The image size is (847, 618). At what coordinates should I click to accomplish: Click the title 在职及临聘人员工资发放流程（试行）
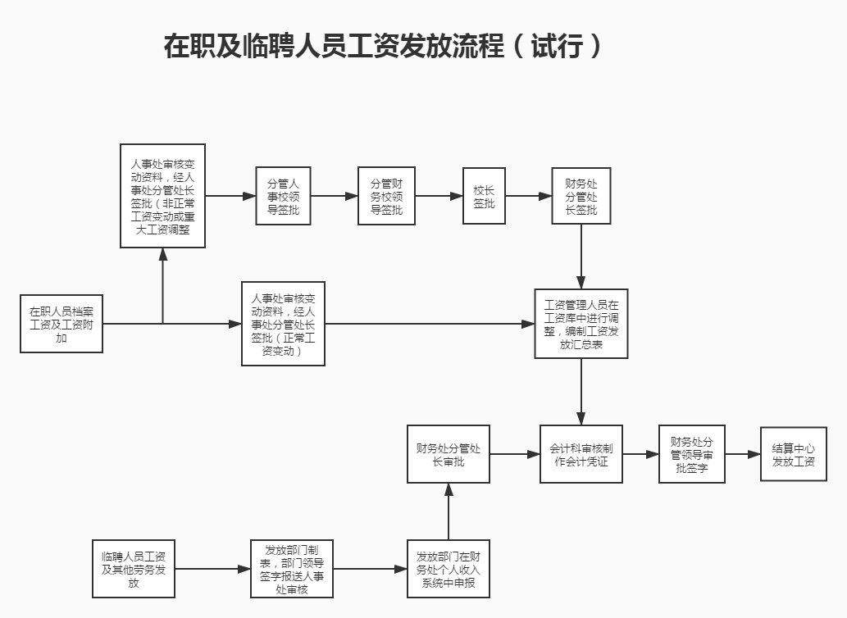tap(383, 46)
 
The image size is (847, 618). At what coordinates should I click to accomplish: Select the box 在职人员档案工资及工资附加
tap(61, 324)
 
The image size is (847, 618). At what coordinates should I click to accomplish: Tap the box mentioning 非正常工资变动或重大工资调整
tap(162, 196)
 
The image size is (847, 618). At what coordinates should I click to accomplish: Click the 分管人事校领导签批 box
tap(283, 197)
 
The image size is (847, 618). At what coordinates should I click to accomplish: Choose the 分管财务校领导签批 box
tap(387, 197)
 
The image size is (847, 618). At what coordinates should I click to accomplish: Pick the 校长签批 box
tap(484, 197)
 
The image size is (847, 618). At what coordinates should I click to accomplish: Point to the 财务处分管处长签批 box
tap(581, 197)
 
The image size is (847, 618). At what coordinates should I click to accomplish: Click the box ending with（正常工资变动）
tap(283, 324)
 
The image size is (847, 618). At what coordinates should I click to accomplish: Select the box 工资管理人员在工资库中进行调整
tap(581, 324)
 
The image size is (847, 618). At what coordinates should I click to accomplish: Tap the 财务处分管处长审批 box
tap(449, 454)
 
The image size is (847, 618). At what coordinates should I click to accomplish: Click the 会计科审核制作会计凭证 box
tap(581, 454)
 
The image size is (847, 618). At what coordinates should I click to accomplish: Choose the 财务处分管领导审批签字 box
tap(691, 454)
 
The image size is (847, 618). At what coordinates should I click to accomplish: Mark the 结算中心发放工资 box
tap(793, 454)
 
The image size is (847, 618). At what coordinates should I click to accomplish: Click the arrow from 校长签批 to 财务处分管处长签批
tap(528, 197)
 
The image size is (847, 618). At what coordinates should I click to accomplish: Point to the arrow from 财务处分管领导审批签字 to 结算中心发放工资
tap(743, 454)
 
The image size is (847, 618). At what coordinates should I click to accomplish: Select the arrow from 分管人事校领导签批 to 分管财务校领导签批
tap(335, 197)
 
